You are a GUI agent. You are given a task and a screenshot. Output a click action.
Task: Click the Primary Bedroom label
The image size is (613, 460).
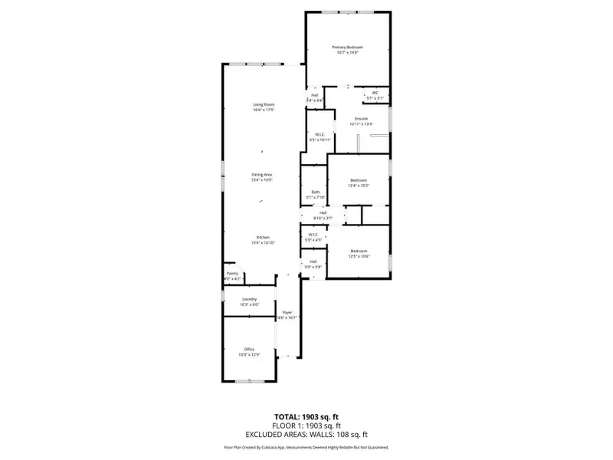tap(347, 48)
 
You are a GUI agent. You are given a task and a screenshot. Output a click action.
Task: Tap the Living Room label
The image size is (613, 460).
tap(264, 104)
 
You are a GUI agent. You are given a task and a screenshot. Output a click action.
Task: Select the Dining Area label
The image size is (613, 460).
tap(262, 175)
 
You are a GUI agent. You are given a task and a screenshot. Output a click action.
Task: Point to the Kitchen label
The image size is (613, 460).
tap(262, 238)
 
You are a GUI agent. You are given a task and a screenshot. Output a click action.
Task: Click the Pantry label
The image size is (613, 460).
tap(232, 274)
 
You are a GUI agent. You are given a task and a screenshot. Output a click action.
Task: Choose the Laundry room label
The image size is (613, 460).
tap(249, 299)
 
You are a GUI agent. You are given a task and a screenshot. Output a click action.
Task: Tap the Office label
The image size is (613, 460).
tap(249, 349)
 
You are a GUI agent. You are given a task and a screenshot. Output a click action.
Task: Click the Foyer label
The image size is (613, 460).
tap(287, 313)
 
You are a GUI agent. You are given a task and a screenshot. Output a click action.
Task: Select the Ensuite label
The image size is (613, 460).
tap(361, 118)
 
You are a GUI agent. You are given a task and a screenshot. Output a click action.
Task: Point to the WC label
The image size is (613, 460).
tap(375, 94)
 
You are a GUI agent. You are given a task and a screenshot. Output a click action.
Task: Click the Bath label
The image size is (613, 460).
tap(315, 192)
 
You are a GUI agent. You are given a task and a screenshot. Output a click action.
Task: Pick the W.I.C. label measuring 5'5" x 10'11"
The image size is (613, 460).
tap(320, 135)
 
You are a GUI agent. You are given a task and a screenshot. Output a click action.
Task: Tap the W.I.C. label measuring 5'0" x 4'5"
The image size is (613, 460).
tap(313, 239)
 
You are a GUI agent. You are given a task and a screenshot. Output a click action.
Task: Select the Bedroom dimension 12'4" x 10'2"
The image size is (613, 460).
tap(359, 186)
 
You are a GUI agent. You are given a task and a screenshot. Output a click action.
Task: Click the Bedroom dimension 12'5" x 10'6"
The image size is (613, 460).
tap(359, 256)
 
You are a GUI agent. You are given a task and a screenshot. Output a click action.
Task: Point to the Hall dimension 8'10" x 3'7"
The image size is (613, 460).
tap(323, 218)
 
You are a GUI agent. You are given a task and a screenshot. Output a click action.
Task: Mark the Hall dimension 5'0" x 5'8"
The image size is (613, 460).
tap(313, 266)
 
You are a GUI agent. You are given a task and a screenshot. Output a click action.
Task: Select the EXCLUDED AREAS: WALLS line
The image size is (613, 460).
tap(306, 434)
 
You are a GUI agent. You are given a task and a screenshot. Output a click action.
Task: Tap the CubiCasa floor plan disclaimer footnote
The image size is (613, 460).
tap(306, 447)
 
